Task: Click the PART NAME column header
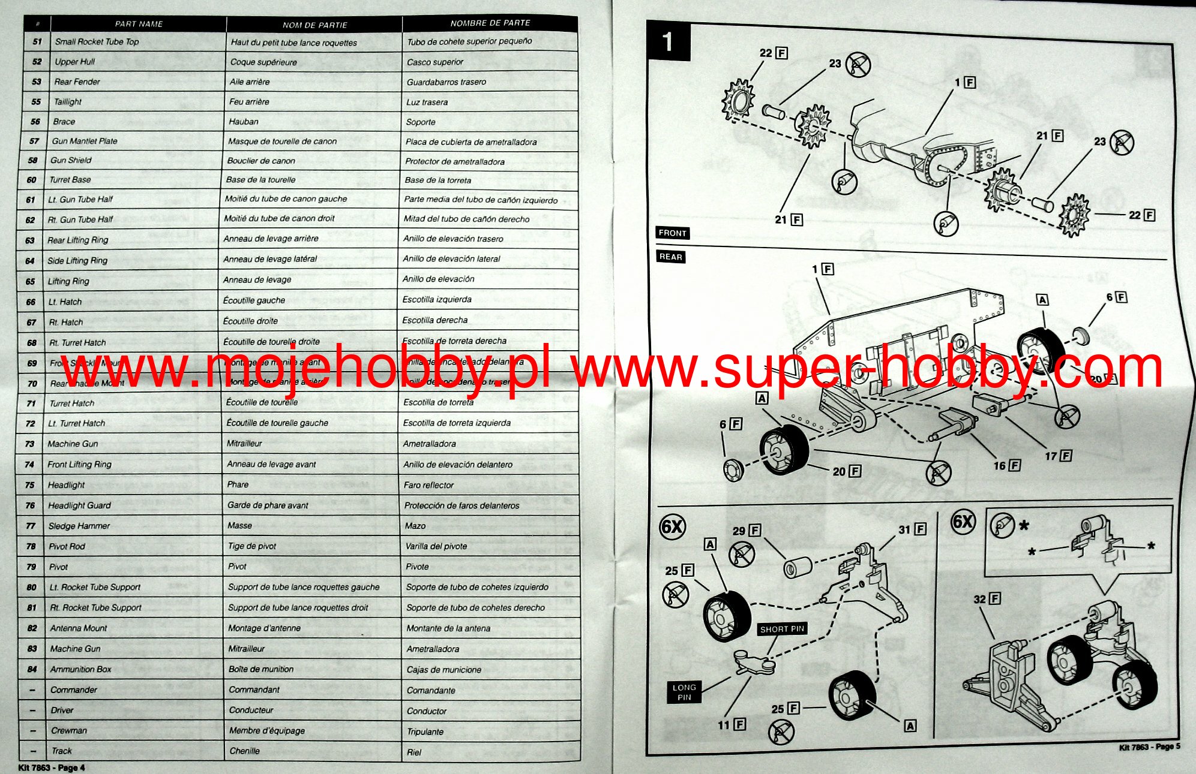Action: pos(139,24)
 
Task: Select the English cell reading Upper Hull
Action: pos(75,62)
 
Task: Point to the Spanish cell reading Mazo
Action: pos(415,526)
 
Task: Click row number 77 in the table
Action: pos(31,526)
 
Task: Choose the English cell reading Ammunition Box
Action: pos(81,669)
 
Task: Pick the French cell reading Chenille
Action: pos(245,751)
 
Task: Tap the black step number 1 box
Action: pos(668,41)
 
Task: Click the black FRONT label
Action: pos(672,233)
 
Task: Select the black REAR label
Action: pos(670,257)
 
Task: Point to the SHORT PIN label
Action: pos(781,629)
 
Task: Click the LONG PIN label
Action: pos(684,692)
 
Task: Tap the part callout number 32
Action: pos(980,599)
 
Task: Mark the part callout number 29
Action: pos(739,531)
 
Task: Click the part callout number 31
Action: pos(904,529)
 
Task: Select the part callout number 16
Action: pos(1000,465)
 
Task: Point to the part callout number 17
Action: pos(1051,456)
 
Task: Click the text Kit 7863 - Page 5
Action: pos(1149,747)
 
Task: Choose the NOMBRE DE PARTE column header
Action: pos(490,23)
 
